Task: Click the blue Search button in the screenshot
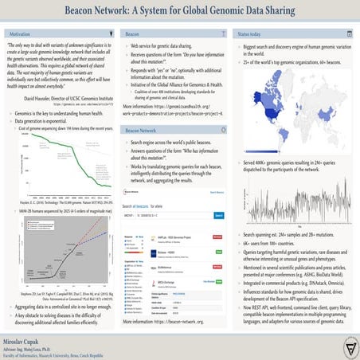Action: pos(218,193)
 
